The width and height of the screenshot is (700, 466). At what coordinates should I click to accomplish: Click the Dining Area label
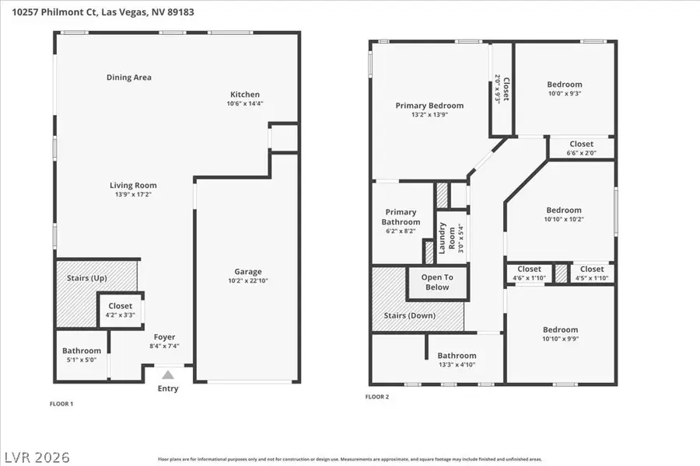129,78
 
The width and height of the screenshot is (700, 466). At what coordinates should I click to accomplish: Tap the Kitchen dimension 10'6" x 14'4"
244,103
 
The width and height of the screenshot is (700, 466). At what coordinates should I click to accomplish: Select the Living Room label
133,186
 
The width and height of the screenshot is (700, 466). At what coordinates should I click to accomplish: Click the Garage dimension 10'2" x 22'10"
248,280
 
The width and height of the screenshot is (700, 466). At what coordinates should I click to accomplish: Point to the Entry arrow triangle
168,375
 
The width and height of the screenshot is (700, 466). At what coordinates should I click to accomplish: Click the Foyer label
164,337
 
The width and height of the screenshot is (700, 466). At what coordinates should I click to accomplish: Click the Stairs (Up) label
89,278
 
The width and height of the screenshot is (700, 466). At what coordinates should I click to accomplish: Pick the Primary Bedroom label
429,106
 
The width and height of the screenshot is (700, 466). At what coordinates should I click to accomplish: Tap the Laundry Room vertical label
442,238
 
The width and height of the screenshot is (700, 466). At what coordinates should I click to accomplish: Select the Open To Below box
437,283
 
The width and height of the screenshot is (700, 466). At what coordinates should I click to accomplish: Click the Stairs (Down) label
410,316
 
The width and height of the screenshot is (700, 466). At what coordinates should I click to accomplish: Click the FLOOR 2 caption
377,397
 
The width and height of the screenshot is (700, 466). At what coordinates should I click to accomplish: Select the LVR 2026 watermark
37,451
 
